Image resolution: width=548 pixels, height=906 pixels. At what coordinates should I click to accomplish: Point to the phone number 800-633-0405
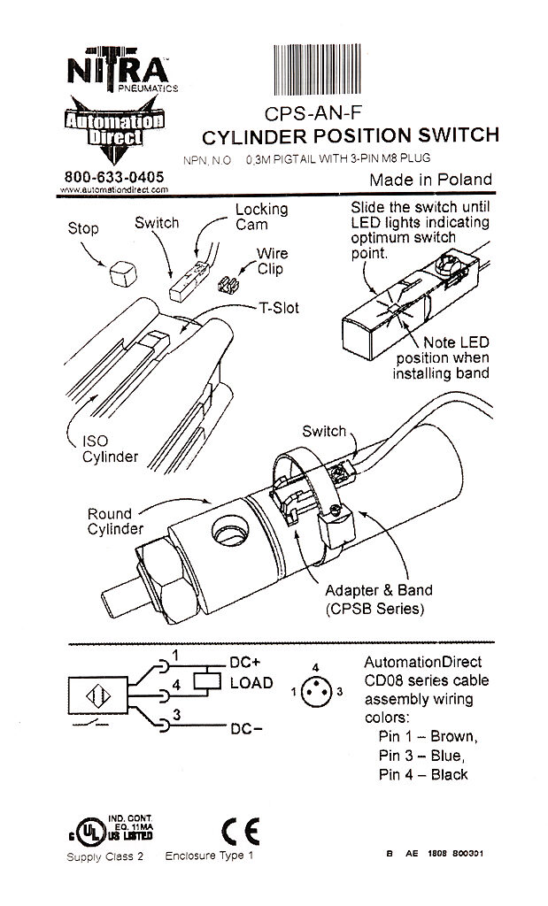tap(114, 177)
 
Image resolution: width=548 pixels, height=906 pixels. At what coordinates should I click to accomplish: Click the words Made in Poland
tap(430, 180)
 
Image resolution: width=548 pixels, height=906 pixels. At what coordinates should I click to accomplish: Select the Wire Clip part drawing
tap(228, 284)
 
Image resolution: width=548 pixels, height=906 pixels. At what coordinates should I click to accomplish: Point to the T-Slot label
tap(279, 308)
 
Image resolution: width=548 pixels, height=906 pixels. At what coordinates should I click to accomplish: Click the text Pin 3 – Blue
tap(421, 755)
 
